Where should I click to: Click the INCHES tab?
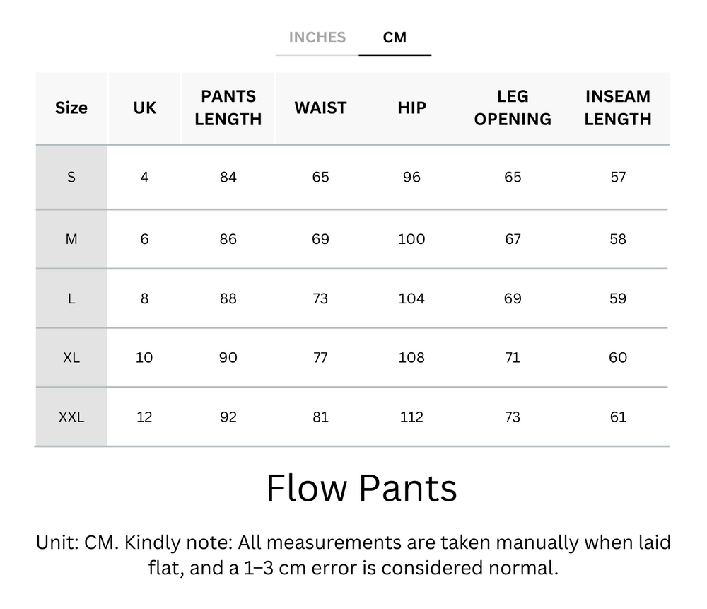pyautogui.click(x=317, y=37)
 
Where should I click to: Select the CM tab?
pyautogui.click(x=395, y=37)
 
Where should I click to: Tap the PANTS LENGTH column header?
pyautogui.click(x=228, y=108)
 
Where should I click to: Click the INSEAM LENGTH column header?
pyautogui.click(x=618, y=108)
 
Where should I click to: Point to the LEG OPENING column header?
pyautogui.click(x=513, y=108)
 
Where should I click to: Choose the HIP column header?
pyautogui.click(x=411, y=108)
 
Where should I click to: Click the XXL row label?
pyautogui.click(x=71, y=417)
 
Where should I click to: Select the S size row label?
pyautogui.click(x=71, y=177)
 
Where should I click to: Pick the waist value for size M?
pyautogui.click(x=320, y=239)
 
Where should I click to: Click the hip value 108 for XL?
pyautogui.click(x=411, y=357)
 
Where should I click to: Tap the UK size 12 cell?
pyautogui.click(x=144, y=417)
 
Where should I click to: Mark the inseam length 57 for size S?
pyautogui.click(x=618, y=177)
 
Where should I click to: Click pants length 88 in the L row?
pyautogui.click(x=228, y=298)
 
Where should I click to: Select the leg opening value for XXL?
pyautogui.click(x=513, y=417)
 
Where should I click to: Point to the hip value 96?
pyautogui.click(x=411, y=177)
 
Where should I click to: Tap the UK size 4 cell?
pyautogui.click(x=144, y=177)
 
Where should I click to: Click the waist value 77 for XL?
pyautogui.click(x=320, y=357)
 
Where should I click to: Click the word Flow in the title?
pyautogui.click(x=308, y=488)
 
